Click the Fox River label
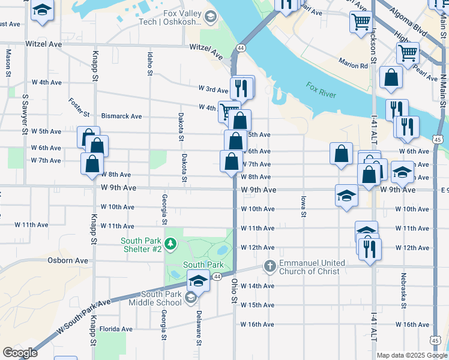[x=322, y=88]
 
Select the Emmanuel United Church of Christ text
[x=312, y=267]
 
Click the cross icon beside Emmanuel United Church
[x=270, y=265]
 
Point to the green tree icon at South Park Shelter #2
[x=170, y=244]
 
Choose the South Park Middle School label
[x=155, y=298]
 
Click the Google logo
[x=20, y=353]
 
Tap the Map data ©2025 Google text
[x=412, y=355]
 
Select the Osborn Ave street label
[x=68, y=260]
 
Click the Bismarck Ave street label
[x=121, y=116]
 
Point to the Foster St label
[x=79, y=108]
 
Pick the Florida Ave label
[x=116, y=329]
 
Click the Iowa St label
[x=303, y=206]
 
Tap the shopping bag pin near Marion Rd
[x=391, y=78]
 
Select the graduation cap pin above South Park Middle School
[x=198, y=280]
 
